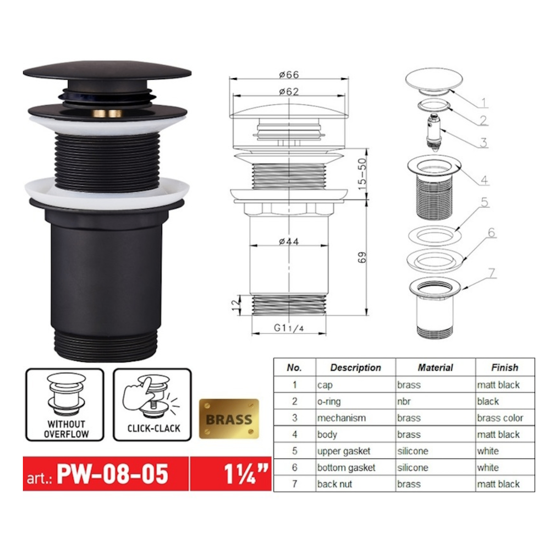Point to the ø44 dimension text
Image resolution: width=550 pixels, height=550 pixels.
tap(288, 241)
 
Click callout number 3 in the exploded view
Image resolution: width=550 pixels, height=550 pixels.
tap(483, 143)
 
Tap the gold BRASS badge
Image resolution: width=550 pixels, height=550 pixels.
tap(229, 419)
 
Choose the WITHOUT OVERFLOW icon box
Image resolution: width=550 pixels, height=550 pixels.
tap(64, 405)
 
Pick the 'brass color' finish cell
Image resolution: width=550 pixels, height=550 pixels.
tap(500, 418)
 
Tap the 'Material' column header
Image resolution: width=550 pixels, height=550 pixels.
tap(435, 367)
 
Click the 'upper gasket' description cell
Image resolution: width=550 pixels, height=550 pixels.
tap(343, 451)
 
